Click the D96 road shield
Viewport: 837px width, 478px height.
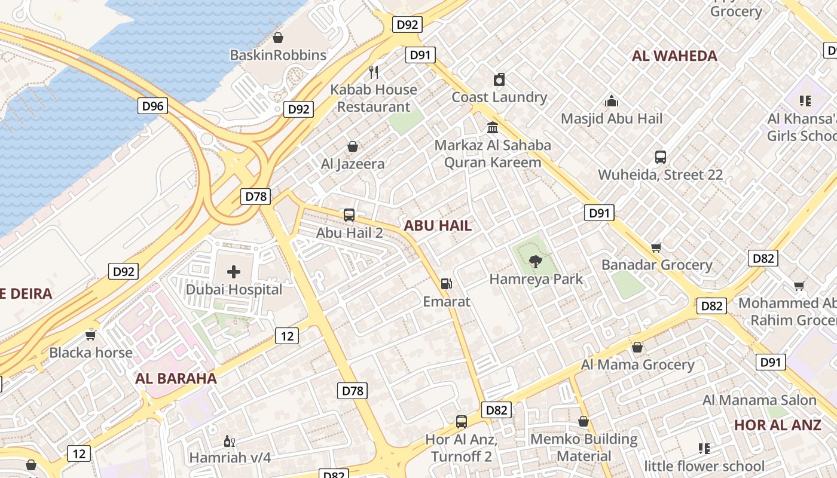coord(152,106)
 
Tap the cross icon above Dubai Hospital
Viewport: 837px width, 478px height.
coord(234,272)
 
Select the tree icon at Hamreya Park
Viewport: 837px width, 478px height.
coord(535,261)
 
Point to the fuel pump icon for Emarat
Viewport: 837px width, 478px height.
coord(446,284)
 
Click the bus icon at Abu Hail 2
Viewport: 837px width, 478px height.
coord(349,215)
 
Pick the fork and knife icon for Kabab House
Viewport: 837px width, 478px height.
coord(374,72)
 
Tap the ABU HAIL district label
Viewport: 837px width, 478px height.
coord(438,226)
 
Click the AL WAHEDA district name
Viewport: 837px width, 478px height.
coord(674,56)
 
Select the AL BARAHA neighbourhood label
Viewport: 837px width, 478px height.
coord(176,378)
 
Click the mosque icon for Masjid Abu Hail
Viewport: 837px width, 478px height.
coord(611,101)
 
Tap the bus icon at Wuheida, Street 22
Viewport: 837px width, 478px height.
coord(660,157)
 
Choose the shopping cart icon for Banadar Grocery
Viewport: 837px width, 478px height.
coord(656,247)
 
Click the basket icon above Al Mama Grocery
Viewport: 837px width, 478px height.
coord(637,347)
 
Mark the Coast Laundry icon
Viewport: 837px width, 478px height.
coord(499,79)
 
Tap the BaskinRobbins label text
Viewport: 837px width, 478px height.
coord(278,56)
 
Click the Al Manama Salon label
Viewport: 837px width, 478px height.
coord(759,400)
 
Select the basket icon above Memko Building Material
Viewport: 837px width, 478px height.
coord(584,421)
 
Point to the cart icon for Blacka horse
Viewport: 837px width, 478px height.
coord(91,335)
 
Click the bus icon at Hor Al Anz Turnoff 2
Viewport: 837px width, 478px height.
coord(461,422)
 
